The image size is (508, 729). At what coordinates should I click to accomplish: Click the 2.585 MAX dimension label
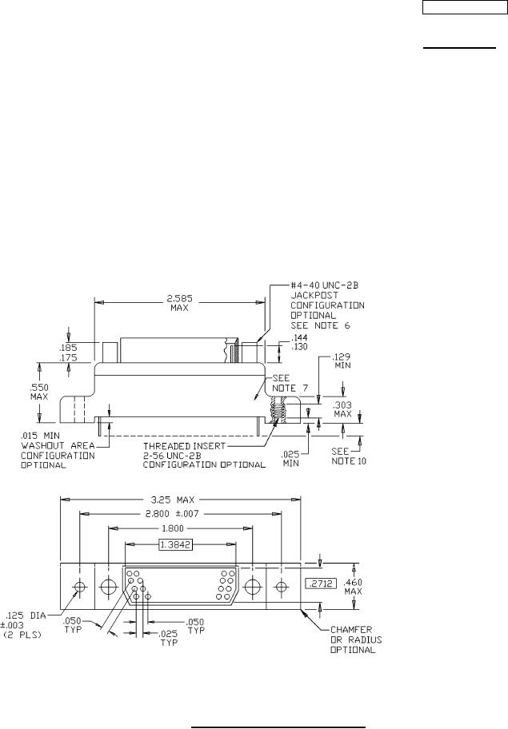pos(179,303)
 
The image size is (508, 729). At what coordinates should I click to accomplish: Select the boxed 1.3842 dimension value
pos(175,544)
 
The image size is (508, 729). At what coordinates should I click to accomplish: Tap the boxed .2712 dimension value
pos(321,583)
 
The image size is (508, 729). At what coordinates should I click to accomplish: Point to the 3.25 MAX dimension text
pos(173,500)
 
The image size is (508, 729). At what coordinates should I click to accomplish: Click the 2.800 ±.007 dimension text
pos(172,514)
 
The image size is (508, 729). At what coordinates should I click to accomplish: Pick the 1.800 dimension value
pos(172,528)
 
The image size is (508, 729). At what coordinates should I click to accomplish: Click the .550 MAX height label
pos(39,392)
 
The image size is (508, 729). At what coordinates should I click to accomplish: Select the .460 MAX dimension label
pos(353,587)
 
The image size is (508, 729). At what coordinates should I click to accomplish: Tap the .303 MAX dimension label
pos(343,409)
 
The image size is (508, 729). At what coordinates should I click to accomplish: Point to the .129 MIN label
pos(341,361)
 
